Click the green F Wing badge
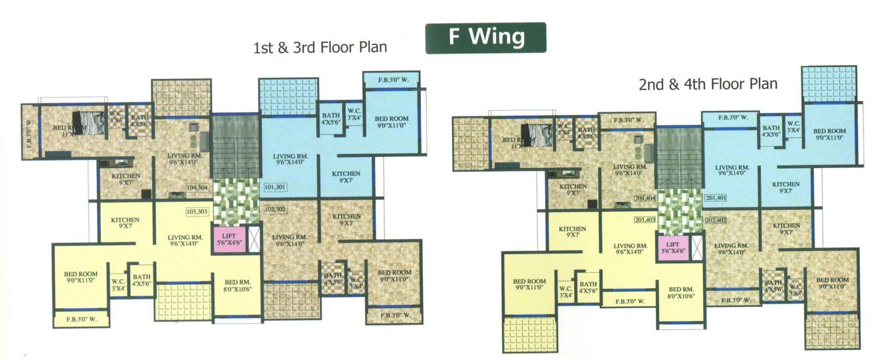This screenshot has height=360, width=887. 485,37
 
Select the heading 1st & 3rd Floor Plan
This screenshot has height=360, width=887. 319,48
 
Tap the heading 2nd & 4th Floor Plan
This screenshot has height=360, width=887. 708,84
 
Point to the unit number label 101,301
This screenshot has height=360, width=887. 275,187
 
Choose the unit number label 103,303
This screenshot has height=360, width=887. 197,211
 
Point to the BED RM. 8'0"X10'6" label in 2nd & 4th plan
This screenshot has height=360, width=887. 681,293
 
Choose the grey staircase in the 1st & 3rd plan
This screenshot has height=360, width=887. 235,145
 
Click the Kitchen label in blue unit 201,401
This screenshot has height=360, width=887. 785,188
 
